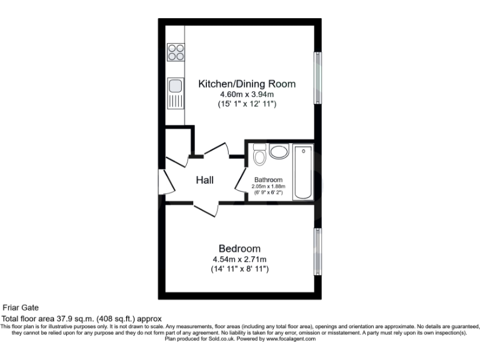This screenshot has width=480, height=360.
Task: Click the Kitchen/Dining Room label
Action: pyautogui.click(x=246, y=84)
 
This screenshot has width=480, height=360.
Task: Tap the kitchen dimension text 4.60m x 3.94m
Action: pyautogui.click(x=246, y=94)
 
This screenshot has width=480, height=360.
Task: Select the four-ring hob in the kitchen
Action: pyautogui.click(x=176, y=52)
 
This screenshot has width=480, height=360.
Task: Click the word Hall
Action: pyautogui.click(x=204, y=181)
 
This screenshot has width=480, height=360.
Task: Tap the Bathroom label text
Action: pyautogui.click(x=268, y=179)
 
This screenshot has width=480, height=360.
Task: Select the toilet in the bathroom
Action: pyautogui.click(x=259, y=154)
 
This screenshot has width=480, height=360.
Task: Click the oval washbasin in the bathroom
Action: pyautogui.click(x=279, y=152)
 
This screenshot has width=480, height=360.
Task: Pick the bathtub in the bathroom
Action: pyautogui.click(x=303, y=172)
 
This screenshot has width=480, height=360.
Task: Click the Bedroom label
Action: pyautogui.click(x=239, y=248)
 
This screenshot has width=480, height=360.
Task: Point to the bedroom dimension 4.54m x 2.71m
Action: pyautogui.click(x=239, y=259)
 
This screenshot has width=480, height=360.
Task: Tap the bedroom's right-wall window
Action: pyautogui.click(x=318, y=251)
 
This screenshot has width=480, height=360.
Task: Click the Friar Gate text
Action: pyautogui.click(x=21, y=307)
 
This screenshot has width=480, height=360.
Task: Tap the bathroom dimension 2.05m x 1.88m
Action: pyautogui.click(x=268, y=186)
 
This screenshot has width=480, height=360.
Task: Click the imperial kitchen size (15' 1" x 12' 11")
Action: pyautogui.click(x=246, y=104)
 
